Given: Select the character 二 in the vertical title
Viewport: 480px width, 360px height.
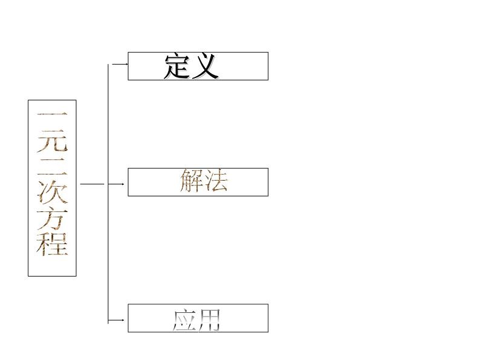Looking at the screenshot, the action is [x=52, y=164].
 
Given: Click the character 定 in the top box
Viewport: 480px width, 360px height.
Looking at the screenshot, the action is [x=178, y=66].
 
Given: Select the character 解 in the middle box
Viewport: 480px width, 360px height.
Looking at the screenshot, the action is [x=192, y=181].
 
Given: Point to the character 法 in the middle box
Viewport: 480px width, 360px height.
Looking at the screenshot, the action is [x=216, y=181].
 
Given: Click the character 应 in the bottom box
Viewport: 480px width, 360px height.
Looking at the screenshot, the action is [x=184, y=320].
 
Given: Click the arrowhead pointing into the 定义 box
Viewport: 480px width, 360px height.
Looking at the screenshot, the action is [x=126, y=62].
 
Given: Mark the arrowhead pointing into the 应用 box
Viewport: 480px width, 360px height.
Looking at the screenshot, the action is [x=126, y=320].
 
